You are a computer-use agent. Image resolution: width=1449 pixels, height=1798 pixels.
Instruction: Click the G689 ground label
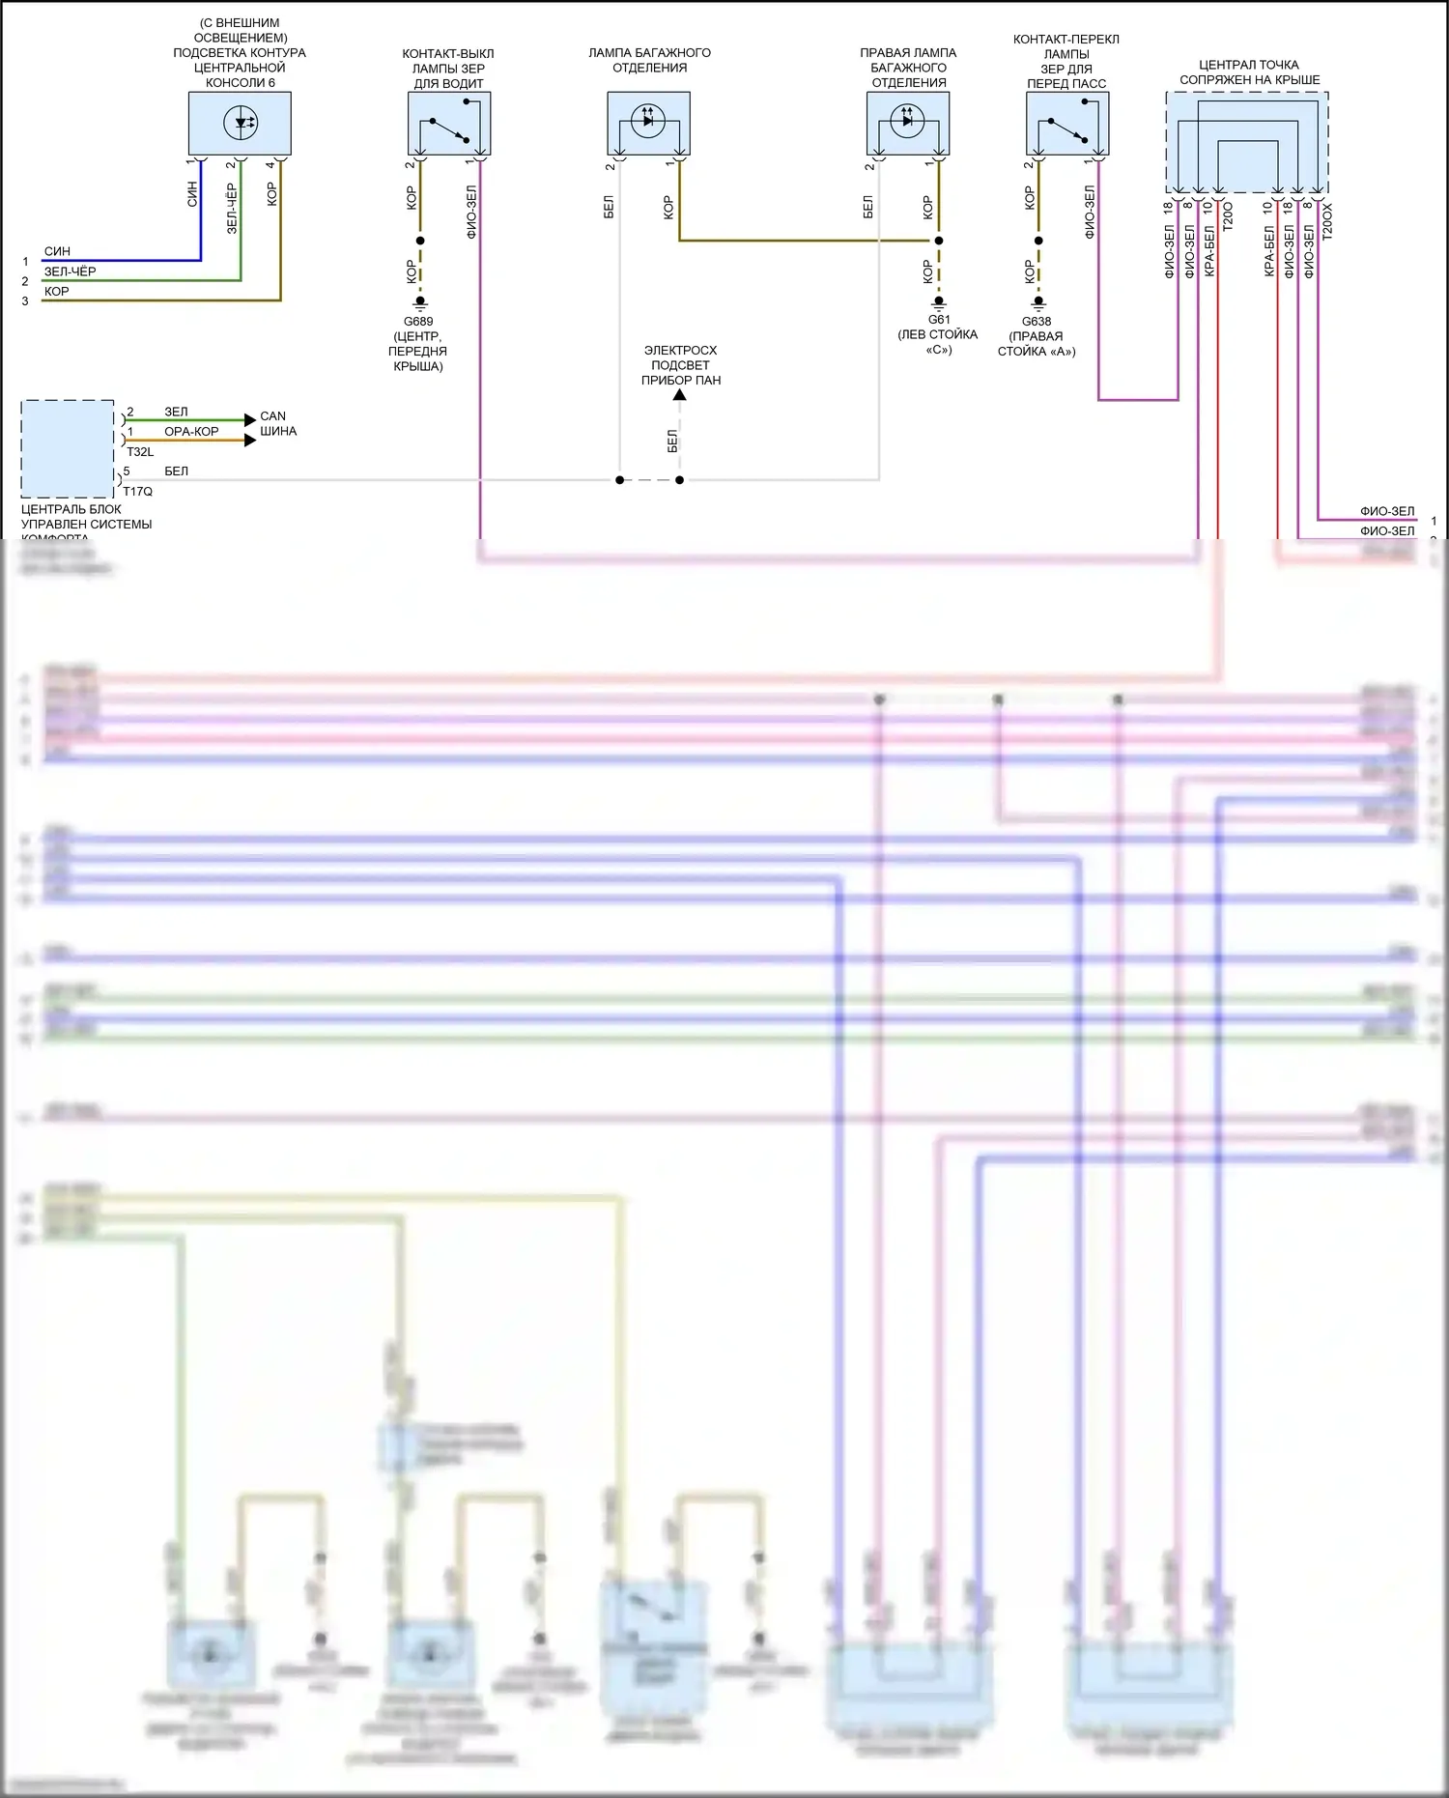(x=418, y=322)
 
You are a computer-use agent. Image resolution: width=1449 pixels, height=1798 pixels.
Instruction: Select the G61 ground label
(x=939, y=320)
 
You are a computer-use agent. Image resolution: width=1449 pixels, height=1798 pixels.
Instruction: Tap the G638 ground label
(x=1037, y=322)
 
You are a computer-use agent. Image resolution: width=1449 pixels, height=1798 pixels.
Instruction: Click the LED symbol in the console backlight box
(x=241, y=123)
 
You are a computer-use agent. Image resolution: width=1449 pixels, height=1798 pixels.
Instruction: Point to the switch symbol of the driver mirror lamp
(x=449, y=128)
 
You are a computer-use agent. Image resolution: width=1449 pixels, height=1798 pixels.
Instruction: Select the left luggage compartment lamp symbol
(x=648, y=121)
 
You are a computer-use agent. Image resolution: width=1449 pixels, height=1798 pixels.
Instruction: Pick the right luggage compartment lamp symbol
(x=907, y=121)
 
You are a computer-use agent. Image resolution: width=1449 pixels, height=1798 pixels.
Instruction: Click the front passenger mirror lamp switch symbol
(x=1066, y=128)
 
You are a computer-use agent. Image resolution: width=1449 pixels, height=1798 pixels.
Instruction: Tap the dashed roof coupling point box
(x=1246, y=142)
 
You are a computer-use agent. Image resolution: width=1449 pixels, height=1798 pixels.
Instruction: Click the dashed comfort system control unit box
(x=68, y=448)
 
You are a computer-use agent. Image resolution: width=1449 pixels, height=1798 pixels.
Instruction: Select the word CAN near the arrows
(x=273, y=416)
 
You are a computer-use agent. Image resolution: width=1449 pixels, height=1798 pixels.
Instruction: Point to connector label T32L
(x=140, y=452)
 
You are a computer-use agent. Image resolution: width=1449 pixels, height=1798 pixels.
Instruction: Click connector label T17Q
(x=138, y=492)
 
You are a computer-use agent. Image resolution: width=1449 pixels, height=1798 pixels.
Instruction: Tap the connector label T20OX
(x=1327, y=221)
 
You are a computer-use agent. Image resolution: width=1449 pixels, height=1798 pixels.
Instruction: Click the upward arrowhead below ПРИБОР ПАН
(x=680, y=394)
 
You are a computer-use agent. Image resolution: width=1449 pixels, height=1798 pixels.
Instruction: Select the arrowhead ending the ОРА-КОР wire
(x=250, y=441)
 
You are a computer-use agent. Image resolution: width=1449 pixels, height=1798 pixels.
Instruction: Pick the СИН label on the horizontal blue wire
(x=57, y=251)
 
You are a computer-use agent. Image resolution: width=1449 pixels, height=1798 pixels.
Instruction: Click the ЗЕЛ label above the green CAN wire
(x=176, y=412)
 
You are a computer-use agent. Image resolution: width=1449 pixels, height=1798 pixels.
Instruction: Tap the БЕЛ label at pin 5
(x=176, y=471)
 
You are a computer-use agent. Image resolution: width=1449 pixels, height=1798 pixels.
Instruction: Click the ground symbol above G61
(x=939, y=301)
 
